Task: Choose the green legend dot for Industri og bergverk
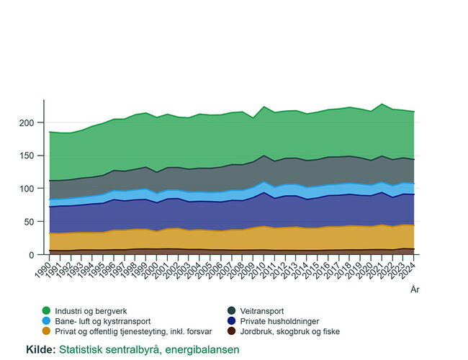[x=47, y=310]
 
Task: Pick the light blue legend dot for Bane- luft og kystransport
[x=47, y=321]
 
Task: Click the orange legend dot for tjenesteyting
[x=47, y=332]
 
